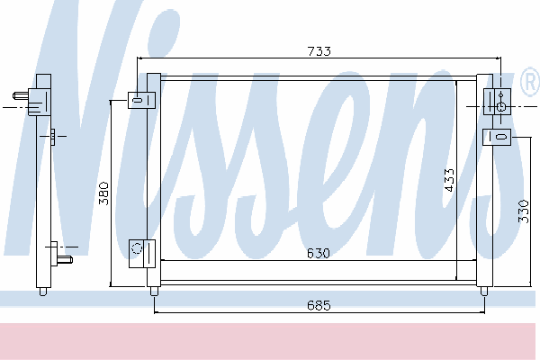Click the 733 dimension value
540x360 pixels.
(x=319, y=51)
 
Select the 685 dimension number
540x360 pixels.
(x=319, y=305)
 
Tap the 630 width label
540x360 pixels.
(x=319, y=253)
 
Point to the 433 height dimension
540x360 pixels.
(x=449, y=180)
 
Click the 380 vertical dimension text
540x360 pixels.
(x=103, y=193)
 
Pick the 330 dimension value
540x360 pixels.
(x=523, y=211)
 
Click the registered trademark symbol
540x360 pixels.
(x=531, y=82)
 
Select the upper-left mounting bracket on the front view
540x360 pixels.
(x=141, y=100)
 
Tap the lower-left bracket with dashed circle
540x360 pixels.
(x=142, y=254)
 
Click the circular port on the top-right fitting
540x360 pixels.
(x=501, y=107)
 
